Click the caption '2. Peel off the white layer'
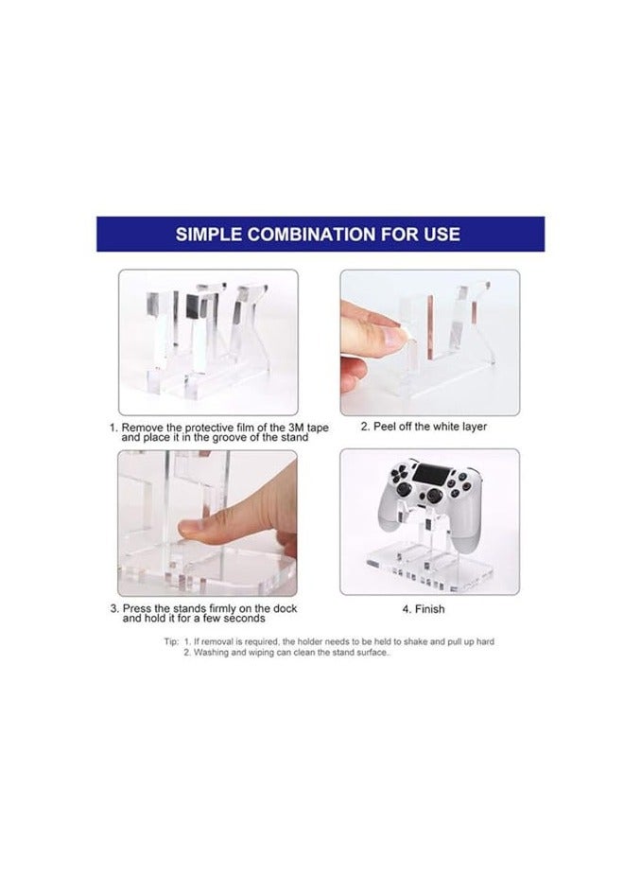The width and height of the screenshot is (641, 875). click(x=424, y=427)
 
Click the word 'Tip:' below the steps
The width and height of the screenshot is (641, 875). click(x=171, y=641)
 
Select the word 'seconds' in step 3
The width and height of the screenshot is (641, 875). click(x=236, y=619)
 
